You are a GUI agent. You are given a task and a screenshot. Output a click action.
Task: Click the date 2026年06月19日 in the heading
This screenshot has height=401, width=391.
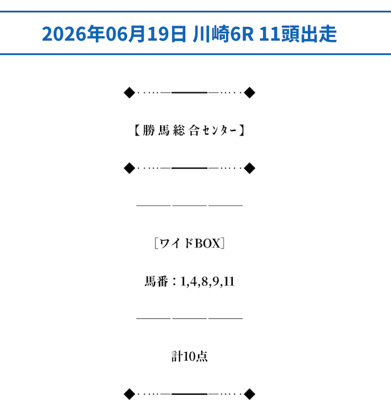(114, 34)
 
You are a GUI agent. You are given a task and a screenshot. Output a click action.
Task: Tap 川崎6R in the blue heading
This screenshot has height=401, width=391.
(224, 34)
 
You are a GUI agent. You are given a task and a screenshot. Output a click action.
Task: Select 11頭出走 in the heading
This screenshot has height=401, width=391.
(298, 34)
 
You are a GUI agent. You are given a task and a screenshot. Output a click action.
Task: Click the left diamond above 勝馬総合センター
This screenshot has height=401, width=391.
(130, 92)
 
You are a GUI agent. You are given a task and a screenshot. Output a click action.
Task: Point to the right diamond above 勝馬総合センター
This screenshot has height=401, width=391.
(249, 92)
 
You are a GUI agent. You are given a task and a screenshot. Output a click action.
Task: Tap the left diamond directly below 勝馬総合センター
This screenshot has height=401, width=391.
(130, 168)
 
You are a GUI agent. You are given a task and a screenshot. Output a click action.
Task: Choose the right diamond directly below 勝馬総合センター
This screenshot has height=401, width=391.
(249, 168)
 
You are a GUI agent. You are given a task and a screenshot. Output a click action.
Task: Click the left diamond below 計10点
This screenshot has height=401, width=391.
(130, 394)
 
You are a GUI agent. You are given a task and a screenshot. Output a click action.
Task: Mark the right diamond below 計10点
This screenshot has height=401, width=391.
(249, 394)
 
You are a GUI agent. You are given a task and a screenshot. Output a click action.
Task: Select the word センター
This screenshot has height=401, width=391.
(219, 130)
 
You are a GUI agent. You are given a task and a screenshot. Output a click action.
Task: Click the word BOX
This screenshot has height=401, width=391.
(208, 243)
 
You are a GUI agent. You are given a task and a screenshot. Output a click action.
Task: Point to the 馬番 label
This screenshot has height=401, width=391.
(156, 282)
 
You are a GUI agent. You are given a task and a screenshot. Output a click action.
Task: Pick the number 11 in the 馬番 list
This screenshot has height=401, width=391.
(229, 282)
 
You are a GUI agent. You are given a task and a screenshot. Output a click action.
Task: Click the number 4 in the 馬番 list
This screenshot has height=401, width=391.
(193, 282)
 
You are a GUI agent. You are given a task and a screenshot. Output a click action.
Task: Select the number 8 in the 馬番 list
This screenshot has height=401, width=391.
(205, 282)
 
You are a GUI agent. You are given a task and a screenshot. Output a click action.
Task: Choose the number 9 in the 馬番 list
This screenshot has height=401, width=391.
(216, 282)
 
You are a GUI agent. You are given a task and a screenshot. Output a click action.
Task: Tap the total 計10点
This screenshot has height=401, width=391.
(189, 356)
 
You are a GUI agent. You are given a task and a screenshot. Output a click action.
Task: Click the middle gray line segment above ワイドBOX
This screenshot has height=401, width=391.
(189, 205)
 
